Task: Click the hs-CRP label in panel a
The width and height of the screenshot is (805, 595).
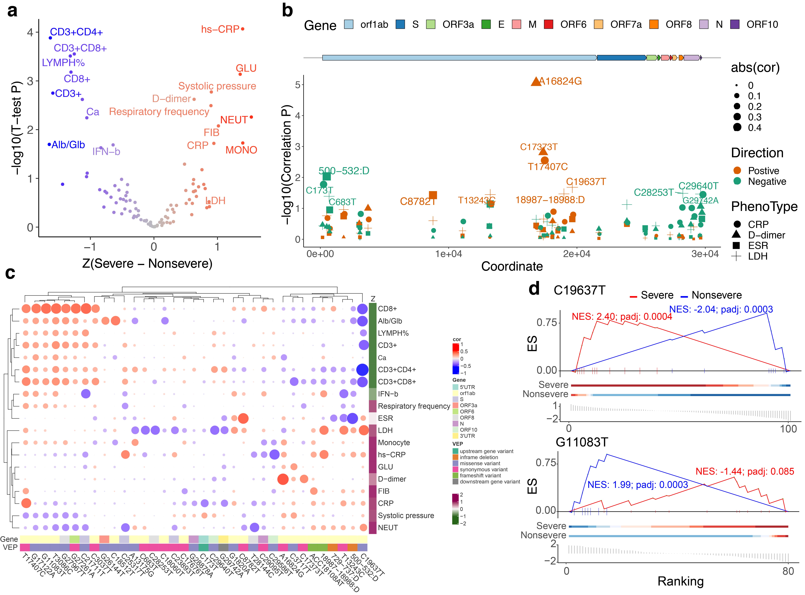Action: (220, 29)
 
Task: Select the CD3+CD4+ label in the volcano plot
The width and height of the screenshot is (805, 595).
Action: (76, 32)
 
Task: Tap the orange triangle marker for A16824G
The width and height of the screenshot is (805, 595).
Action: (536, 81)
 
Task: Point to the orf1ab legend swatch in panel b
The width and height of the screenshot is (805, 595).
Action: (349, 24)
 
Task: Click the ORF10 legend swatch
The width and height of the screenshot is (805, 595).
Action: (735, 24)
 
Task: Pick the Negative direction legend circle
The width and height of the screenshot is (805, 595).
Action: (737, 181)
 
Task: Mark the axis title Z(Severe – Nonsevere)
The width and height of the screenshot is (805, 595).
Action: (147, 264)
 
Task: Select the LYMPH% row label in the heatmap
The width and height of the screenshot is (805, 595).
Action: (393, 333)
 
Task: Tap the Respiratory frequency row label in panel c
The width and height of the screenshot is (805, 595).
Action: (414, 406)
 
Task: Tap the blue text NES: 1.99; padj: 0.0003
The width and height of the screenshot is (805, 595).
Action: (638, 485)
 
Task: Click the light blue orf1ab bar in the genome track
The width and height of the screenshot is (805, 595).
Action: (459, 58)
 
